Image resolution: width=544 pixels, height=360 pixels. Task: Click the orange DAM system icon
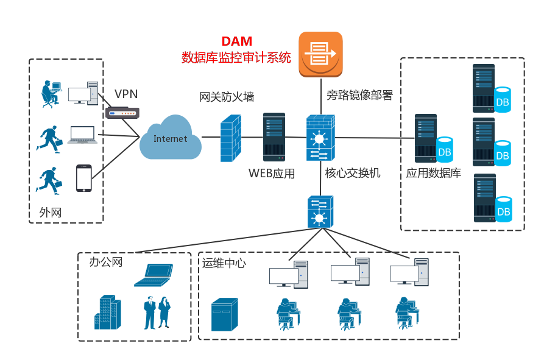pyautogui.click(x=320, y=54)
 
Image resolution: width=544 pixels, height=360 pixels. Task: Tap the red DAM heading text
pyautogui.click(x=237, y=42)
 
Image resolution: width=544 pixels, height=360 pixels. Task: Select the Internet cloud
pyautogui.click(x=171, y=139)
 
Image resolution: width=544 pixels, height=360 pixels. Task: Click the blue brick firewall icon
pyautogui.click(x=230, y=139)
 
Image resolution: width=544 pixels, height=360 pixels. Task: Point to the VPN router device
pyautogui.click(x=122, y=113)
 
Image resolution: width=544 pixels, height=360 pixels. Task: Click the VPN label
pyautogui.click(x=126, y=94)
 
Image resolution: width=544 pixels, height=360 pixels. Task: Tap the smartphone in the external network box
pyautogui.click(x=83, y=178)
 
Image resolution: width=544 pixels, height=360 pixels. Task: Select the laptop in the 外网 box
pyautogui.click(x=82, y=135)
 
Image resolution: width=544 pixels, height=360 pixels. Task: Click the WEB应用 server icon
pyautogui.click(x=274, y=136)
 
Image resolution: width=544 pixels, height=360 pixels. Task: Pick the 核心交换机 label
pyautogui.click(x=353, y=173)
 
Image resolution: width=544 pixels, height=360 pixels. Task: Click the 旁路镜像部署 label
pyautogui.click(x=359, y=95)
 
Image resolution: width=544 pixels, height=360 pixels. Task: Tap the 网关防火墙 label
pyautogui.click(x=227, y=97)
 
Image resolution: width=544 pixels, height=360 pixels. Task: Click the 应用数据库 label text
pyautogui.click(x=434, y=173)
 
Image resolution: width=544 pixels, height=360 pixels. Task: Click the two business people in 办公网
pyautogui.click(x=157, y=312)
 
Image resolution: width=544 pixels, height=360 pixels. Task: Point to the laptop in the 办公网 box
pyautogui.click(x=154, y=275)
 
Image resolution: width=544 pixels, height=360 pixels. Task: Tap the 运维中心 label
pyautogui.click(x=224, y=263)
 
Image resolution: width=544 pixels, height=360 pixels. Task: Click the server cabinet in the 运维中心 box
pyautogui.click(x=225, y=315)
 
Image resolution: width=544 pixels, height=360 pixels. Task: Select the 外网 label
pyautogui.click(x=51, y=212)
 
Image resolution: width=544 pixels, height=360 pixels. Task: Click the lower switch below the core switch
pyautogui.click(x=320, y=211)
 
